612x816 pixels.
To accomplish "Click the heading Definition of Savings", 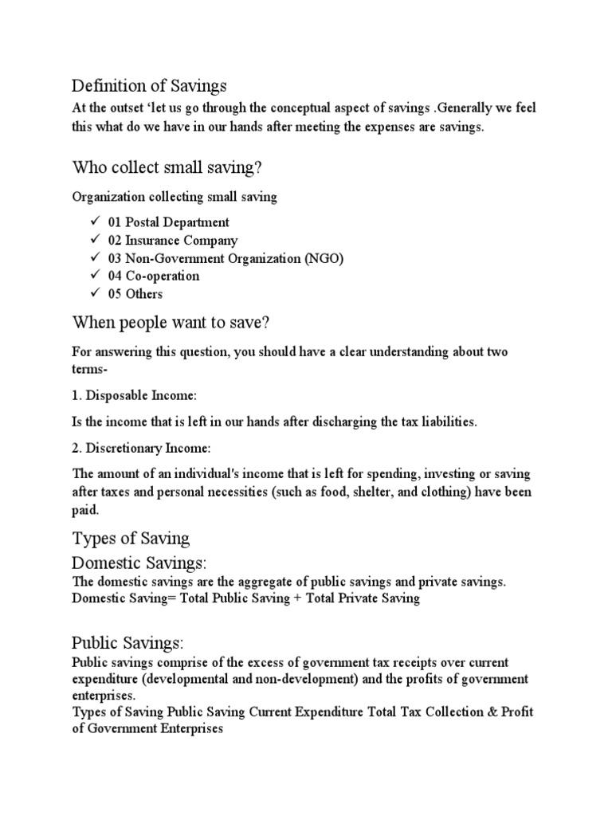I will (149, 84).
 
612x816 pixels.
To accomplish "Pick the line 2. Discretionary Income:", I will (141, 448).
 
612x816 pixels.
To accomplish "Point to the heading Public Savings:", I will (127, 642).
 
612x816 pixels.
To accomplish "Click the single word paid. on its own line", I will (85, 509).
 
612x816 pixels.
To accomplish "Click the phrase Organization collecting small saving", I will (175, 197).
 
